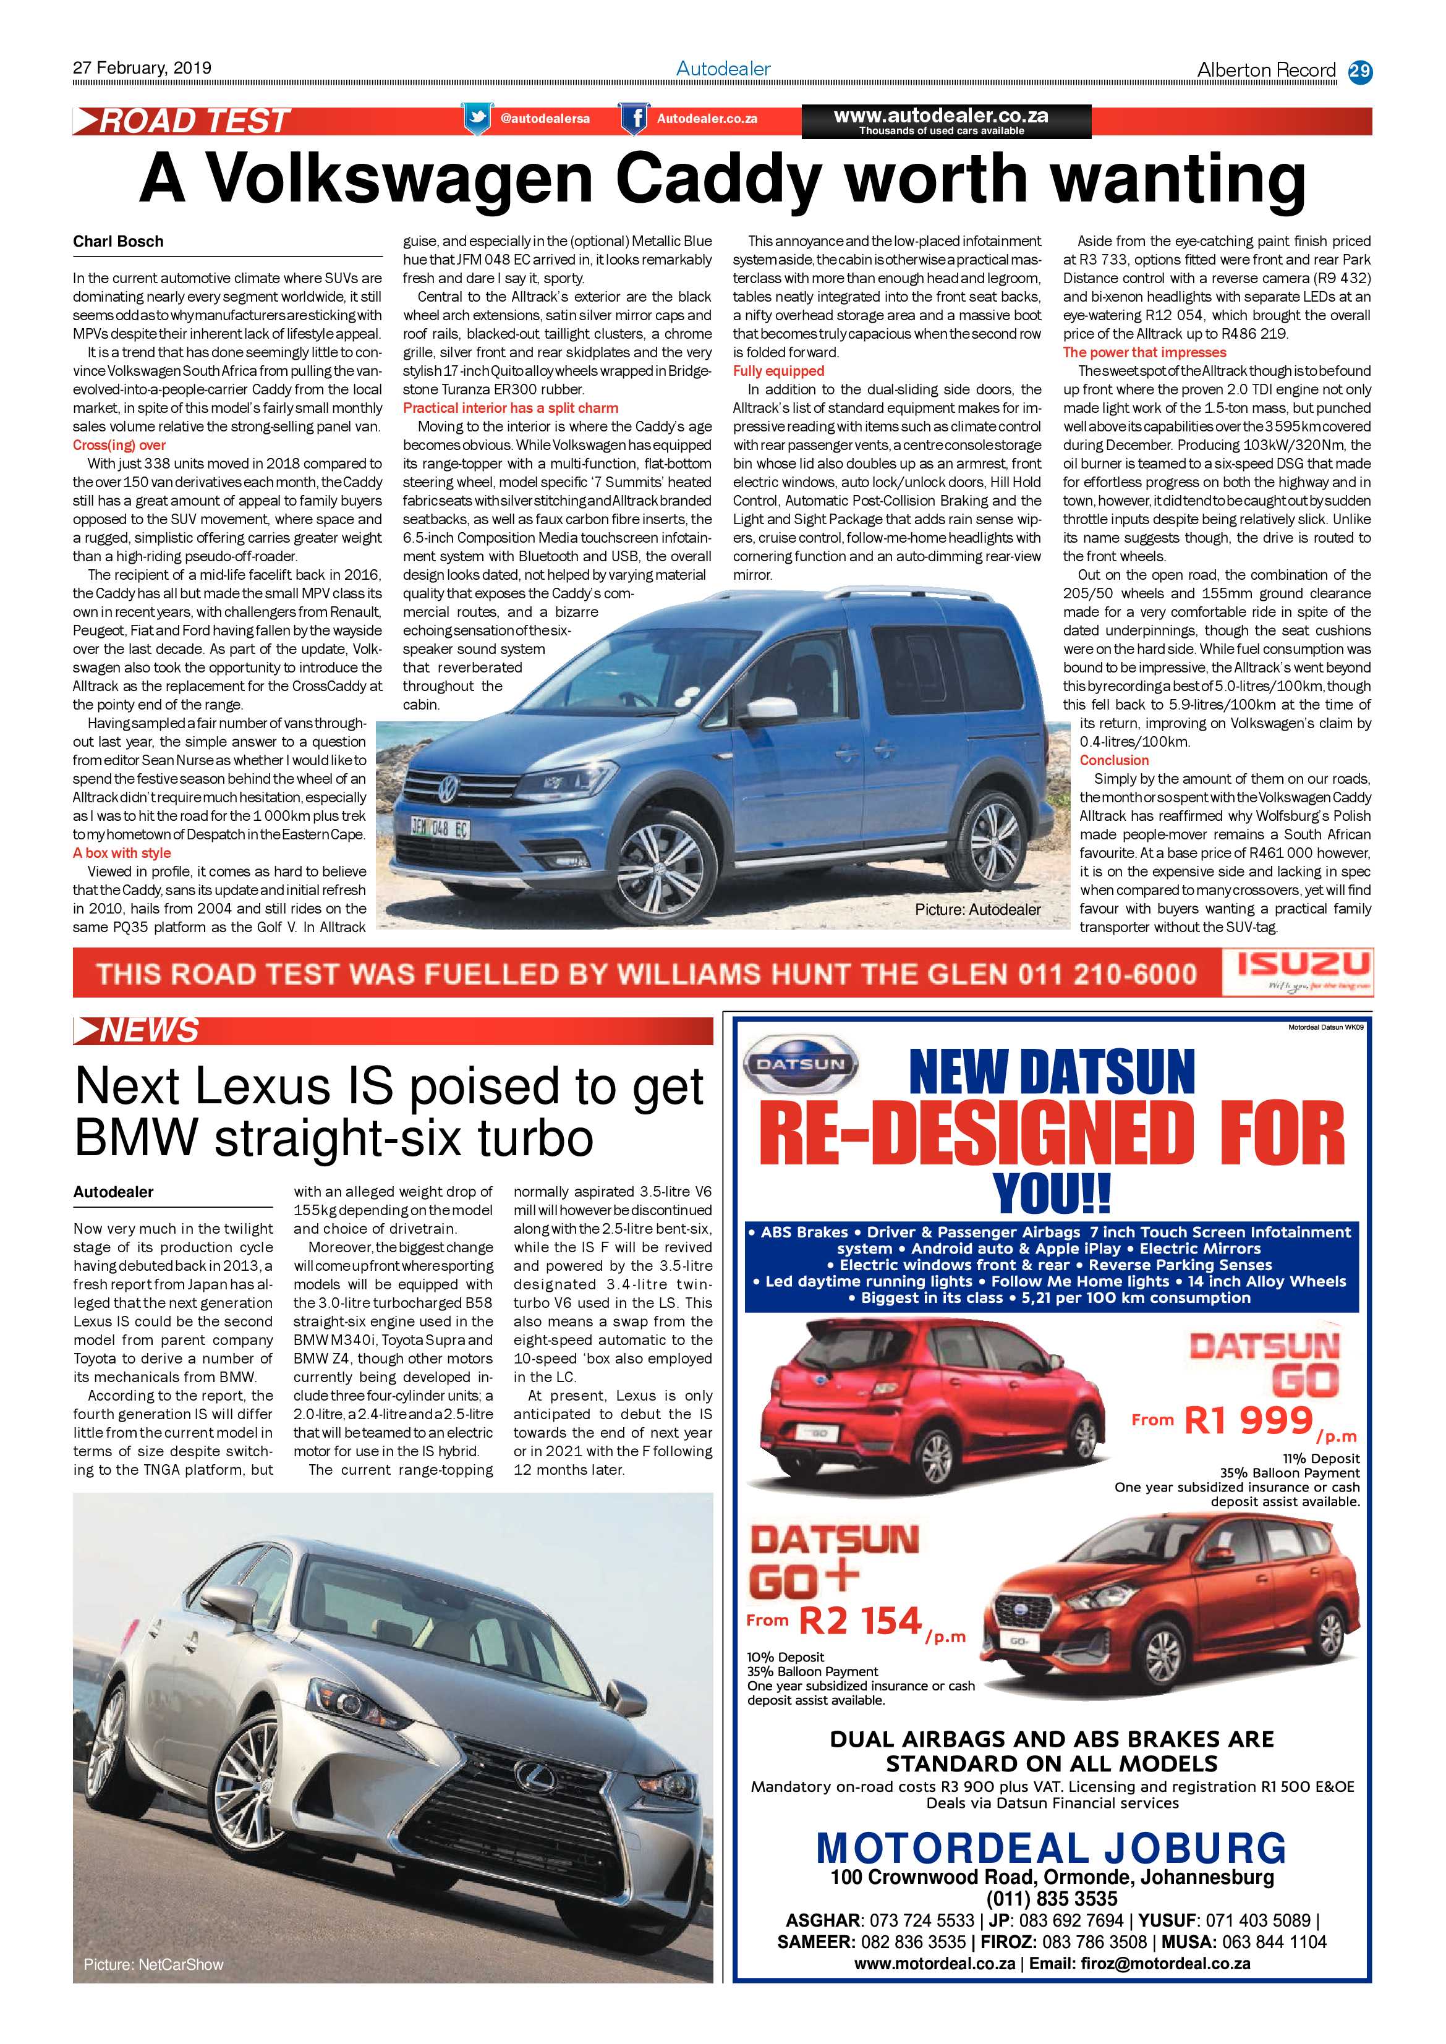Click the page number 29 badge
click(1359, 71)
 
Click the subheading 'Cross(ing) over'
click(119, 445)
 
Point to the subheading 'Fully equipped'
click(778, 371)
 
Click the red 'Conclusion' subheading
click(1114, 760)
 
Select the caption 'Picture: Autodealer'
click(977, 909)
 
